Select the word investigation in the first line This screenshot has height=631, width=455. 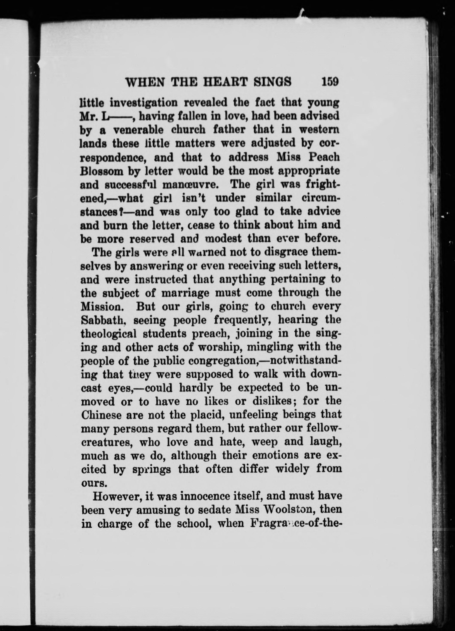click(144, 103)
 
